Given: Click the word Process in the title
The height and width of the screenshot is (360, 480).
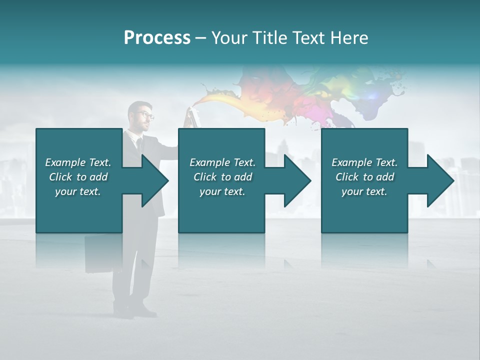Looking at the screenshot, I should pyautogui.click(x=157, y=38).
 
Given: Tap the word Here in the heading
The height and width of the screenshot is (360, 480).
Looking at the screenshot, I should pyautogui.click(x=349, y=38).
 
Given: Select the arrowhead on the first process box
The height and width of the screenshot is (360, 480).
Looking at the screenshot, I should pyautogui.click(x=155, y=180).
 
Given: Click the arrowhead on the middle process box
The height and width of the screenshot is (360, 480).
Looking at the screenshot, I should pyautogui.click(x=297, y=180).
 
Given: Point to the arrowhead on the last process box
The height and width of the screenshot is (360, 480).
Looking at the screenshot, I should pyautogui.click(x=440, y=180).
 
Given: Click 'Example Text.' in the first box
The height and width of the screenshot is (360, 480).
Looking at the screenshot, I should pyautogui.click(x=78, y=162).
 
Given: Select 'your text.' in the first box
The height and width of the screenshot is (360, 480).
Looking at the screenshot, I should pyautogui.click(x=78, y=191).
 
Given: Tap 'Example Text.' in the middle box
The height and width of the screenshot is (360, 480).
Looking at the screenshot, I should pyautogui.click(x=222, y=162).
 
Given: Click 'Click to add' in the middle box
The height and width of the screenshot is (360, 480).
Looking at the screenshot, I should pyautogui.click(x=222, y=177).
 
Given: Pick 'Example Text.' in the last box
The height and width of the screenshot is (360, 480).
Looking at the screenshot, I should pyautogui.click(x=364, y=162).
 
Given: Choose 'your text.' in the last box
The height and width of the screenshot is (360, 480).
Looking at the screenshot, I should pyautogui.click(x=364, y=191).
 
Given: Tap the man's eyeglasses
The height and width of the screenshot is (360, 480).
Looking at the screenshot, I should pyautogui.click(x=145, y=115).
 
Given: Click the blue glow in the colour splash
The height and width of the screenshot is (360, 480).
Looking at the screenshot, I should pyautogui.click(x=372, y=95).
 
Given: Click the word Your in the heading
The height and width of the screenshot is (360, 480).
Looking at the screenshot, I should pyautogui.click(x=228, y=38).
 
